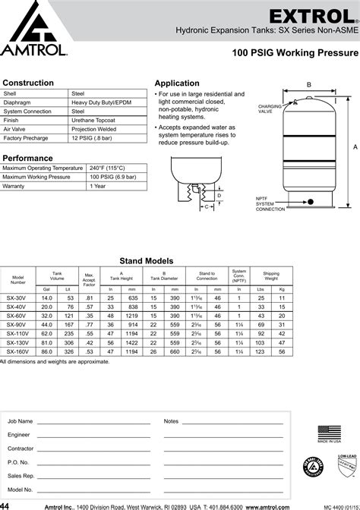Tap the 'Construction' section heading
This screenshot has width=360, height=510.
click(x=28, y=83)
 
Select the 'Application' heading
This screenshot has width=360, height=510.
click(x=177, y=83)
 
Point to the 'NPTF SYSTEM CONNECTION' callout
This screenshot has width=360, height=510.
click(x=270, y=203)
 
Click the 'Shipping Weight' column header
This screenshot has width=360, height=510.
click(x=270, y=275)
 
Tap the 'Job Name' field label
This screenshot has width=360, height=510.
click(x=20, y=420)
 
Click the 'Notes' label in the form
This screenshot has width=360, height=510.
click(x=170, y=420)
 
